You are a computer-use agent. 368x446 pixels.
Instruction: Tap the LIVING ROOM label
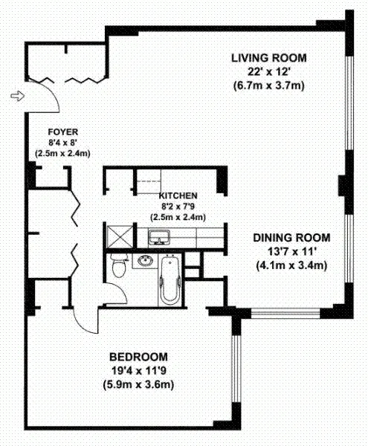(268, 58)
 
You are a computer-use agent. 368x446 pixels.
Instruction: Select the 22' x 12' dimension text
(268, 71)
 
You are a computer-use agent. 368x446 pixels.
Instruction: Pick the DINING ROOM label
(289, 238)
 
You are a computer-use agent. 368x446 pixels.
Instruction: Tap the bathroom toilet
(117, 266)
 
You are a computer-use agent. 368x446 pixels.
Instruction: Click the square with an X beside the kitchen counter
(119, 237)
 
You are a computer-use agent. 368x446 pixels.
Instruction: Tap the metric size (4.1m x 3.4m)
(289, 265)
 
